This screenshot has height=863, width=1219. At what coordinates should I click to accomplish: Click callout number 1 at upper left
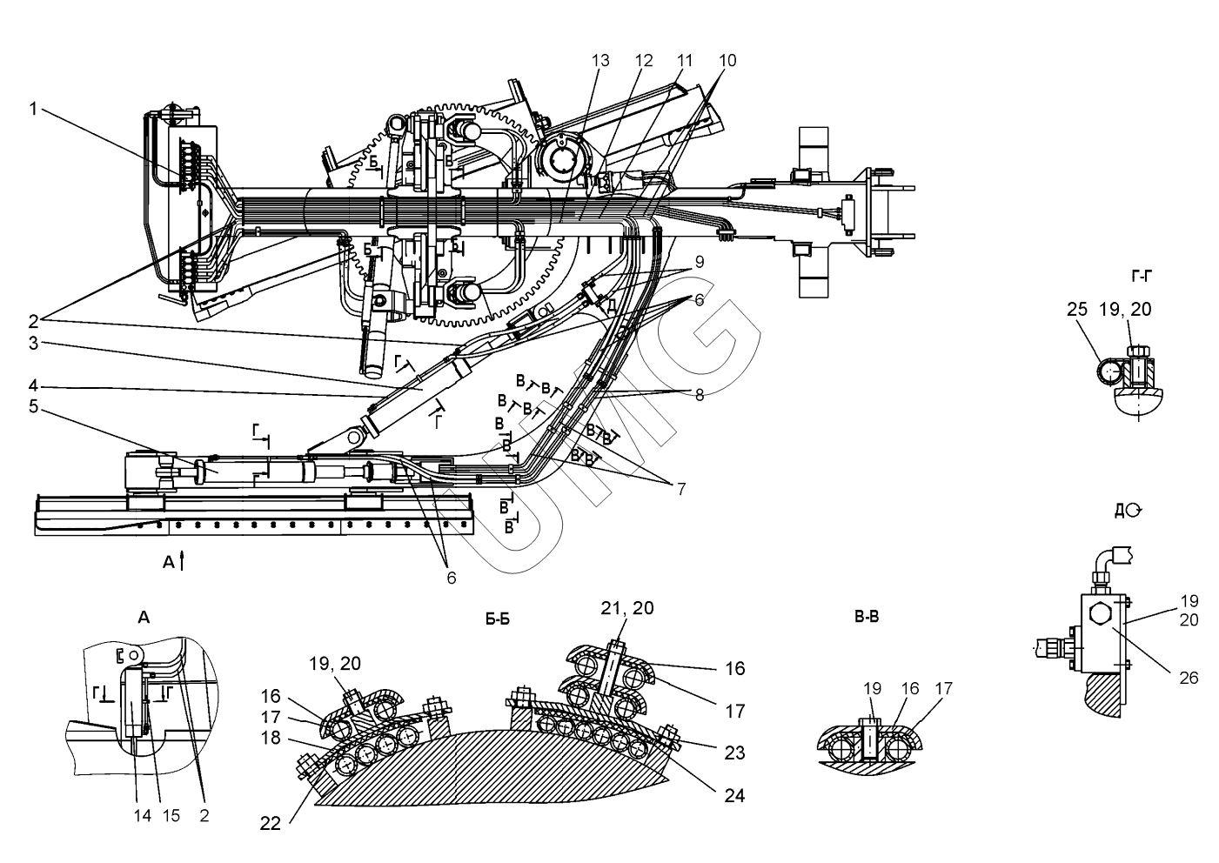(x=33, y=109)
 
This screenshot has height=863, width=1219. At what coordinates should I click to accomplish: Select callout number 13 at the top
(x=600, y=60)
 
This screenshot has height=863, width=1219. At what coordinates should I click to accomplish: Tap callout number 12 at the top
(x=643, y=60)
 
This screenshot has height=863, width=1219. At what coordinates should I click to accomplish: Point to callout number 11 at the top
(x=685, y=60)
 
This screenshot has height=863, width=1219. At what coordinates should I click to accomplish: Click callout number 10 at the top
(x=727, y=60)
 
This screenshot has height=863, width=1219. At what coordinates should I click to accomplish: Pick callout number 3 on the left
(x=33, y=344)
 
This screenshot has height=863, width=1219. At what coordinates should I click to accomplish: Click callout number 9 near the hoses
(x=699, y=260)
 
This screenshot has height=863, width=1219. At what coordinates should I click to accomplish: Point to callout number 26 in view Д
(x=1189, y=678)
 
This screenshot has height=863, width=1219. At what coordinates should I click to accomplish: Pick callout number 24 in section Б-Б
(x=735, y=794)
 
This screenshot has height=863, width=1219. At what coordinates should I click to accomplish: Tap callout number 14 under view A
(x=142, y=815)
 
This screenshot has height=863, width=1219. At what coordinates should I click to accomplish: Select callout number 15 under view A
(x=171, y=815)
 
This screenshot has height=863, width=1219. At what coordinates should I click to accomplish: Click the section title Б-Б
(x=498, y=619)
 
